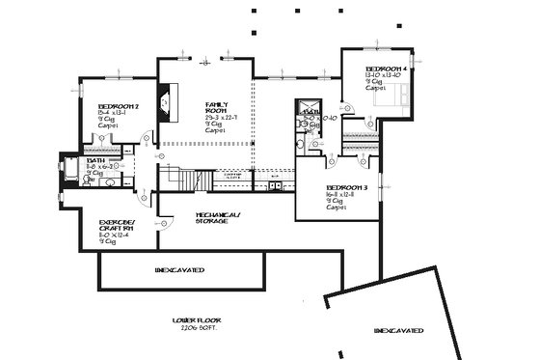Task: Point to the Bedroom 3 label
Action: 346,187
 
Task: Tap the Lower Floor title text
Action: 193,318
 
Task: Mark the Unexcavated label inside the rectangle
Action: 180,269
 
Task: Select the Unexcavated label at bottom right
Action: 398,331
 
